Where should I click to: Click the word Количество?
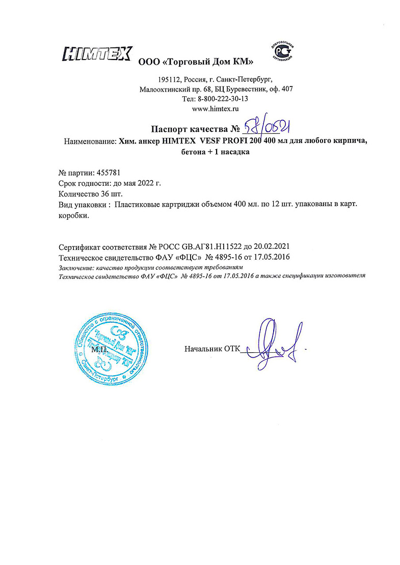[77, 194]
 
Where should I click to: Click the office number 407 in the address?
[287, 89]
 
